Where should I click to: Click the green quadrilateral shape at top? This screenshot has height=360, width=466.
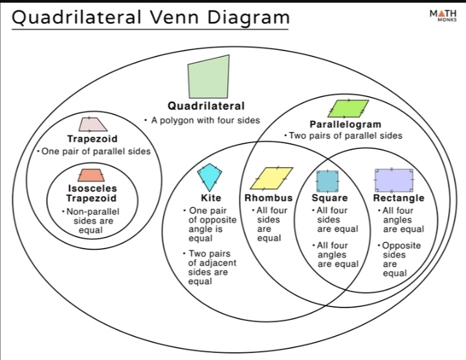208,77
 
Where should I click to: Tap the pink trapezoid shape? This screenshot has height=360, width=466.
93,124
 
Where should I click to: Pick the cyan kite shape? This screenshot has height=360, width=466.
209,177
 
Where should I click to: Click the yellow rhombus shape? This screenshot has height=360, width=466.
272,178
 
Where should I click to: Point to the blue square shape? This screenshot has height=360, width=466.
327,179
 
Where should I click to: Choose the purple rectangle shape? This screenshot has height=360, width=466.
394,179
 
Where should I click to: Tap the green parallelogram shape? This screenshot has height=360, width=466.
348,107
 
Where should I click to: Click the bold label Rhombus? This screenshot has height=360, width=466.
269,198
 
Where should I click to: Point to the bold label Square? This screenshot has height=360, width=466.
329,198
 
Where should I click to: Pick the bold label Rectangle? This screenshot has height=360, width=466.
399,198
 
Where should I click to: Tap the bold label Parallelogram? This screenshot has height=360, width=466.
345,124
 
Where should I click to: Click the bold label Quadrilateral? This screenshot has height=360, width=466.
206,106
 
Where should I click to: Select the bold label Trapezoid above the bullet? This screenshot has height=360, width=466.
93,139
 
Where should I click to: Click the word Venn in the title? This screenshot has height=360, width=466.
177,17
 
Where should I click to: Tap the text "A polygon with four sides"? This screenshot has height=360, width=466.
205,120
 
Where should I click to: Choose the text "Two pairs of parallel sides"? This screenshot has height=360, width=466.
346,136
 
